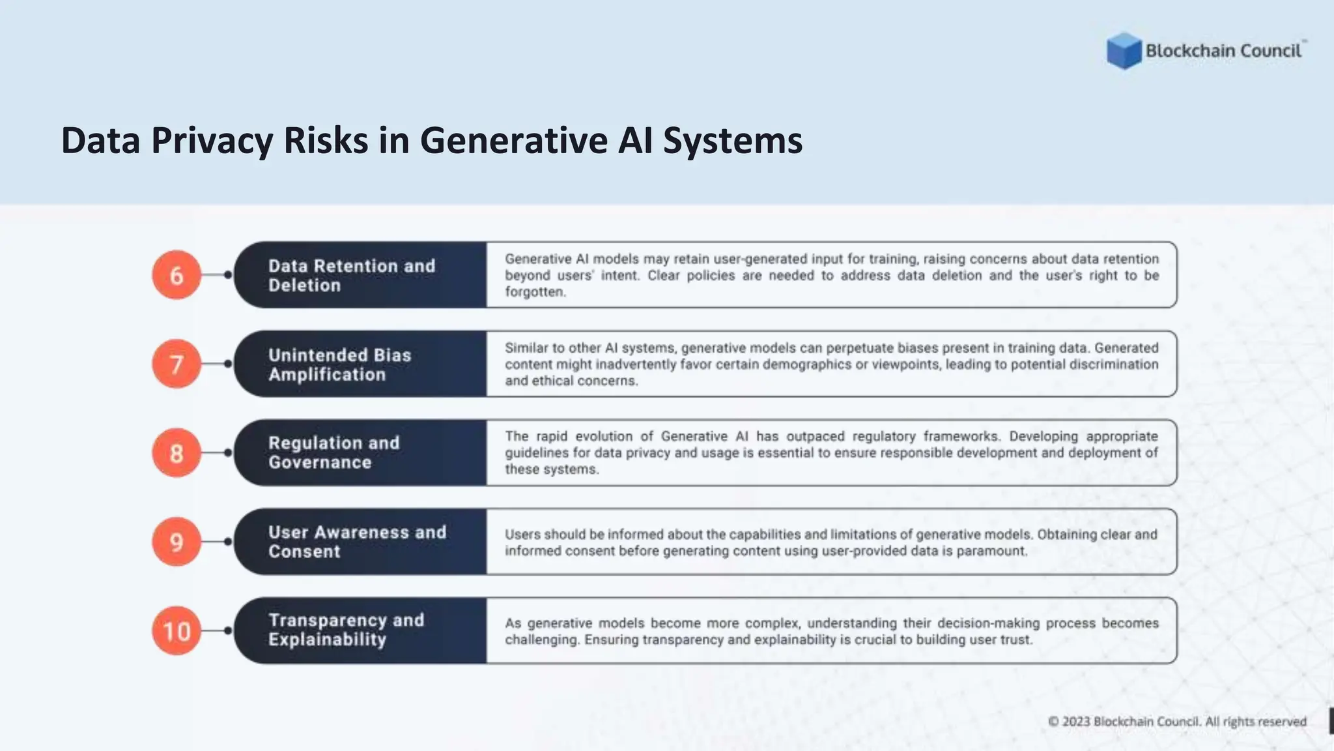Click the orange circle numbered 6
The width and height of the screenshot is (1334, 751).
click(177, 275)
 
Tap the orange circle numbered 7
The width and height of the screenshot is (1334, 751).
click(177, 364)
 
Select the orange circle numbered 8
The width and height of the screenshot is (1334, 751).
click(177, 452)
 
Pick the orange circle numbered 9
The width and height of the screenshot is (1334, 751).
click(177, 542)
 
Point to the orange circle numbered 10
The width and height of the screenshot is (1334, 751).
click(177, 630)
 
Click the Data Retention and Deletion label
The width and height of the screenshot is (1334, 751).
click(352, 275)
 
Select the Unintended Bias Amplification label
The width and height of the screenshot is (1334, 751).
click(339, 364)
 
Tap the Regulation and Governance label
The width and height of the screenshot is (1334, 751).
click(333, 452)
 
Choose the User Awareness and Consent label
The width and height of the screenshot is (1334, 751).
click(357, 542)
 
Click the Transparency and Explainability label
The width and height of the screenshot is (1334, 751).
click(346, 630)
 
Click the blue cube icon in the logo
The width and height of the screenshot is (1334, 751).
click(1124, 51)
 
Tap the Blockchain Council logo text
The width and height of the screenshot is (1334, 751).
click(1223, 51)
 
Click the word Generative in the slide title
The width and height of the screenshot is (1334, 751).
click(513, 141)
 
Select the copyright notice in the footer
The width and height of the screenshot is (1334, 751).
click(1177, 722)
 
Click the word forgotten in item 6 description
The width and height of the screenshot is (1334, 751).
click(535, 292)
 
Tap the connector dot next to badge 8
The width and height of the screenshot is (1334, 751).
click(228, 452)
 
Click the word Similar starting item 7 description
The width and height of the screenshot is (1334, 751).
click(526, 347)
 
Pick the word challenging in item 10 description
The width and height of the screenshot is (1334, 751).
click(541, 640)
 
